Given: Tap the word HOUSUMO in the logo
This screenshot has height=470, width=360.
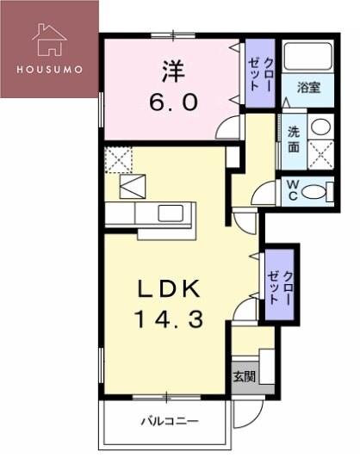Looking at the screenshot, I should [x=49, y=69].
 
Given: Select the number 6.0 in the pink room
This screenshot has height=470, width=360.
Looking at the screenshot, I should [x=171, y=102].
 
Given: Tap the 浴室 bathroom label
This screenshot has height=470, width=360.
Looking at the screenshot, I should [x=308, y=88].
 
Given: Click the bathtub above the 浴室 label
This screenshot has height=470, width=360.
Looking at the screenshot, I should [x=308, y=59].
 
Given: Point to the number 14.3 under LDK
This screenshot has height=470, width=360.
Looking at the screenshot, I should [x=169, y=320].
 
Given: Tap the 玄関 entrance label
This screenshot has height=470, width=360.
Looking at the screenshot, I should [x=245, y=376].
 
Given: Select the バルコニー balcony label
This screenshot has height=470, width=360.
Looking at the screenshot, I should [x=171, y=422].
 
